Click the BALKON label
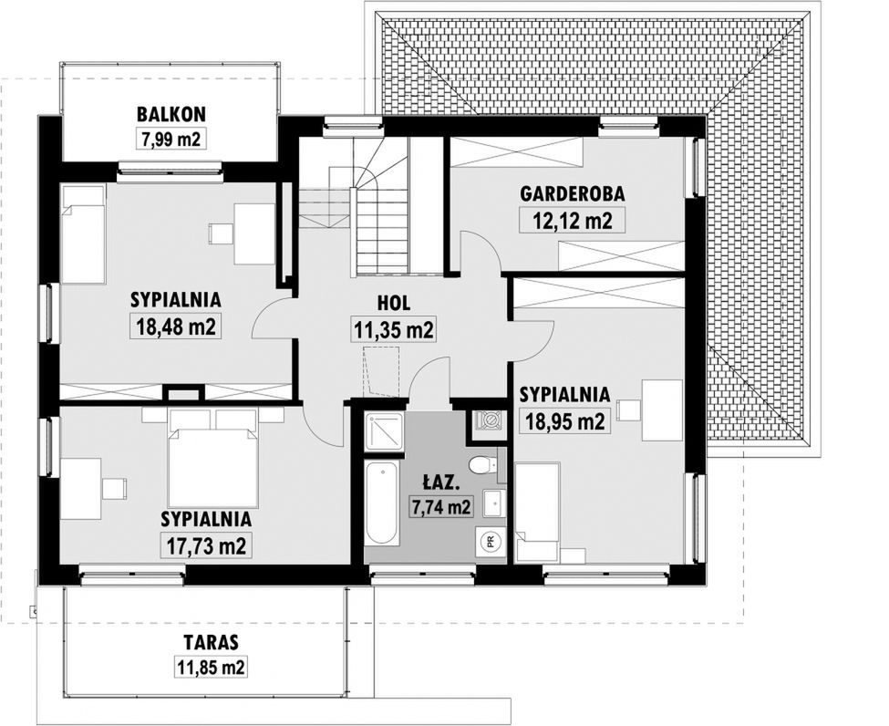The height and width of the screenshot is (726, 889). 171,114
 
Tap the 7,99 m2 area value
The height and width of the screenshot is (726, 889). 171,139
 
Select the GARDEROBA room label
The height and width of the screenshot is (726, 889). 573,194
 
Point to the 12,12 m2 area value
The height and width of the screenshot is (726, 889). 573,220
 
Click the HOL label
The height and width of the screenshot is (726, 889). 394,303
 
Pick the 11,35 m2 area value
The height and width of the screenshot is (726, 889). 394,329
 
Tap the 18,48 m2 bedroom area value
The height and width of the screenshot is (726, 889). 177,327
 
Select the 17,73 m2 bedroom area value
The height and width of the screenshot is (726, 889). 206,545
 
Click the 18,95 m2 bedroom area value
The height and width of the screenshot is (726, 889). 564,420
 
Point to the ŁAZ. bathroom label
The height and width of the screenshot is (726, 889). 439,483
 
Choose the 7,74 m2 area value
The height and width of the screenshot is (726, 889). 441,506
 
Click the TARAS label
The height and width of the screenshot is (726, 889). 211,642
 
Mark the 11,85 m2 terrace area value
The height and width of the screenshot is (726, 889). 211,667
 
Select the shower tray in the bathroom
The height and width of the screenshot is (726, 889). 384,431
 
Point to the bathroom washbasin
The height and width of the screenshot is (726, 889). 491,503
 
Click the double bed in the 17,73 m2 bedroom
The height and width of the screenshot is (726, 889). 213,464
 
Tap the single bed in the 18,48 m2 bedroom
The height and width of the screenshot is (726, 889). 83,233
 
